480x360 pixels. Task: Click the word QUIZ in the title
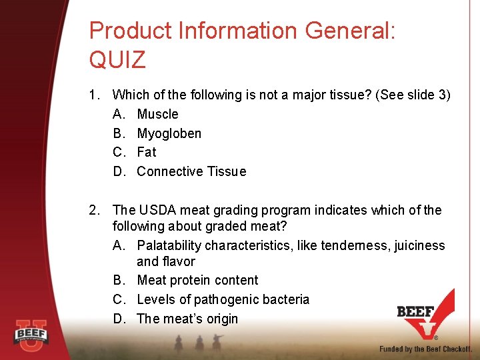[117, 60]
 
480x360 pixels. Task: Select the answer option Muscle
[157, 114]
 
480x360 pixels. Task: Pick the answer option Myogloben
[169, 133]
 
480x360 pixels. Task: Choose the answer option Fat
[146, 152]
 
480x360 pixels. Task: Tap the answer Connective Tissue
[191, 171]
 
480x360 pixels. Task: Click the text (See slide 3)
[413, 95]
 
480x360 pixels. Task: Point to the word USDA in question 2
[157, 211]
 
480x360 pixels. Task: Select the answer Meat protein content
[197, 281]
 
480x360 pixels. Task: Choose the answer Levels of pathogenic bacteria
[223, 299]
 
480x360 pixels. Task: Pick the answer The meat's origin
[187, 319]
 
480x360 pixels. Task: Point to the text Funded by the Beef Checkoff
[425, 349]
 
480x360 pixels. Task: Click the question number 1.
[93, 95]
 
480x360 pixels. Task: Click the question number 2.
[93, 211]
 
